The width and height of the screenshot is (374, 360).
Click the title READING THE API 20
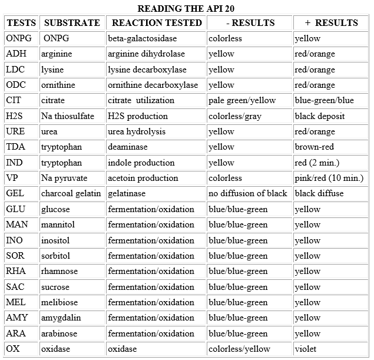187,9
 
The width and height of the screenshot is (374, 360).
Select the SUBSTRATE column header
72,23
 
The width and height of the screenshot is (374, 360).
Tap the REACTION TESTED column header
157,23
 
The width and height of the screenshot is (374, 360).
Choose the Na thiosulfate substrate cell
68,116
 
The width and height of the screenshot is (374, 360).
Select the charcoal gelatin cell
71,193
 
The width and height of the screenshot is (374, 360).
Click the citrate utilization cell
141,100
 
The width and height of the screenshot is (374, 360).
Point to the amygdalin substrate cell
61,318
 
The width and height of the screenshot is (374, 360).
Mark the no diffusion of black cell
248,193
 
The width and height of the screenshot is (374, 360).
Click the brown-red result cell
315,147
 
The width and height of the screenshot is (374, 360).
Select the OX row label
13,349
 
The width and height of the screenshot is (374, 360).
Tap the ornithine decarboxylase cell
153,85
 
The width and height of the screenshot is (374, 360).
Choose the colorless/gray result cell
234,116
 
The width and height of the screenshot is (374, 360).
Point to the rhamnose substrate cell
58,271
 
